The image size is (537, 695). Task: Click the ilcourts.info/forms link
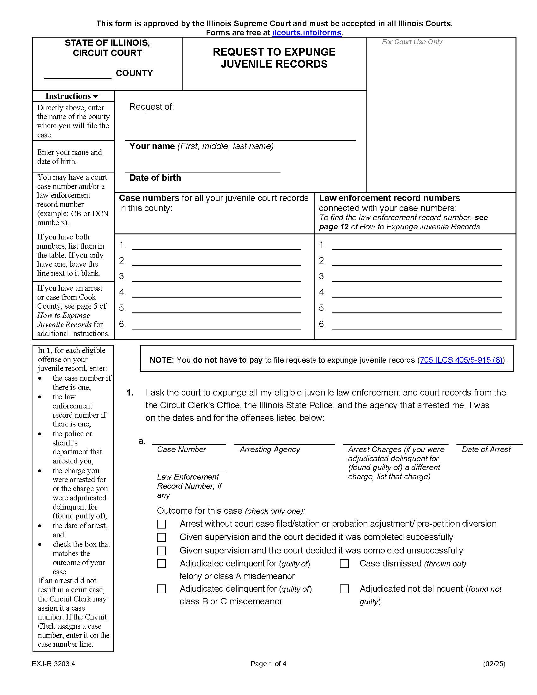click(x=307, y=33)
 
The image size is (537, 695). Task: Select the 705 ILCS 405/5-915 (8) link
click(x=461, y=360)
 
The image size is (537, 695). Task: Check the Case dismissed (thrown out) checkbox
click(x=344, y=564)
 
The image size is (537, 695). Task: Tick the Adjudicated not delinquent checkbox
click(x=344, y=589)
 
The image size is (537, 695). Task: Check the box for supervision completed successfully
click(x=161, y=537)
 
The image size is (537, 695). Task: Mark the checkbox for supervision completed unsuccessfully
click(x=161, y=551)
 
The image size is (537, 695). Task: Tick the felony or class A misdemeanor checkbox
click(x=161, y=564)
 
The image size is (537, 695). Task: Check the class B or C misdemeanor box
click(x=161, y=589)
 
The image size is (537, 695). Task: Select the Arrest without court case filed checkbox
click(x=161, y=524)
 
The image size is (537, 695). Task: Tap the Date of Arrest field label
click(x=486, y=449)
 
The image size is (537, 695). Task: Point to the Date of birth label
click(x=155, y=178)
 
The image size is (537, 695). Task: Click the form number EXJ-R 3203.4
click(x=53, y=664)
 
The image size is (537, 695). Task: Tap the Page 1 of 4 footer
click(x=268, y=664)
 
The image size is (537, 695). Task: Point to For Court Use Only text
click(x=412, y=42)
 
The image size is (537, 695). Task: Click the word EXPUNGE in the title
click(x=309, y=52)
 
